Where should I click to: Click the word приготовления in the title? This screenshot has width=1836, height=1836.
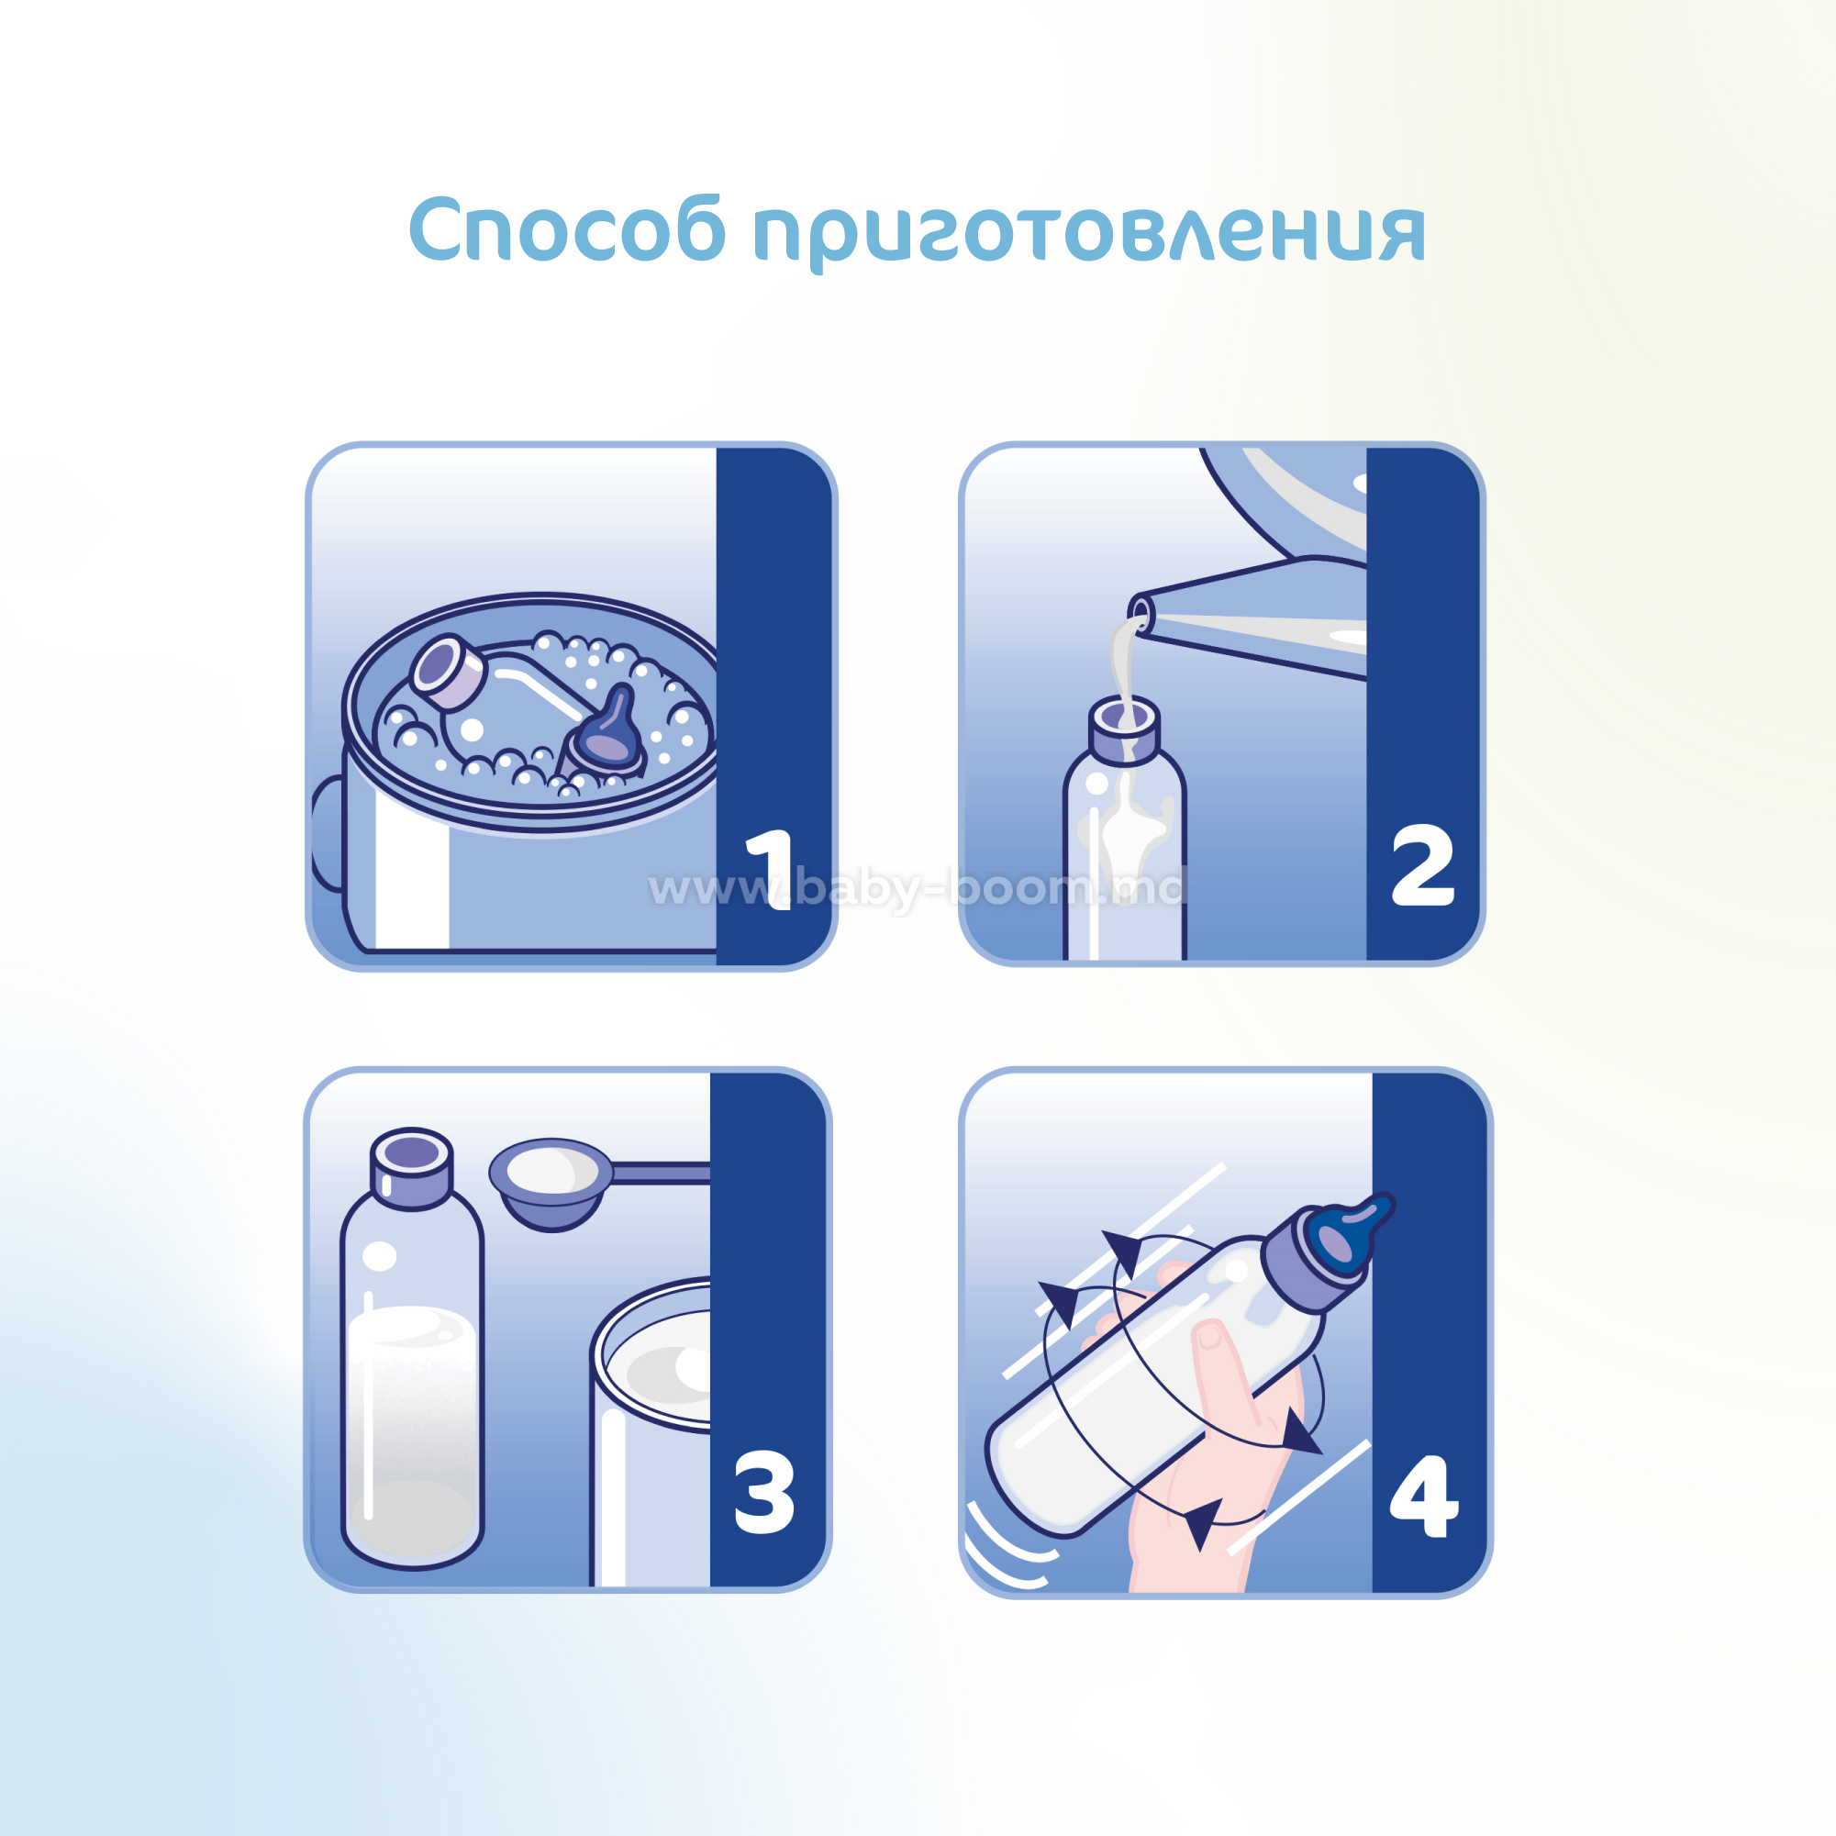click(1089, 234)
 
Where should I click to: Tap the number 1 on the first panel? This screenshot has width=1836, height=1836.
click(770, 870)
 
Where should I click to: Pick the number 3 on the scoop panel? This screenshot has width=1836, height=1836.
click(764, 1491)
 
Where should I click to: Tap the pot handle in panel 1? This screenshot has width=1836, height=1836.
click(326, 833)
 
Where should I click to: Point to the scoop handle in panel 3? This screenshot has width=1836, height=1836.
click(661, 1174)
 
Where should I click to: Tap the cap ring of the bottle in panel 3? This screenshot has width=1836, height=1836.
click(411, 1168)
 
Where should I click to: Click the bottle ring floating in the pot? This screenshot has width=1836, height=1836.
click(447, 672)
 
